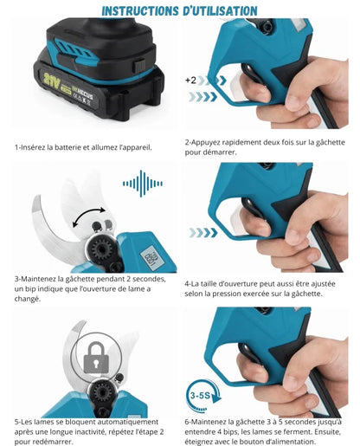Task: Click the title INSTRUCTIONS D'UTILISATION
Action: (179, 10)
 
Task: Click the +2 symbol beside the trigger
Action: (190, 80)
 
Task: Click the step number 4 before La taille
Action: (187, 283)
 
